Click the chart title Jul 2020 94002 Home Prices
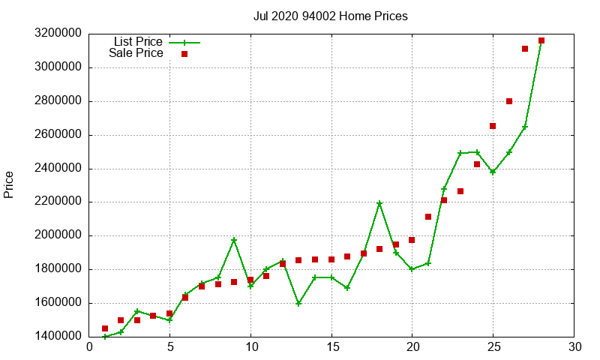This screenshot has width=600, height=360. pos(331,16)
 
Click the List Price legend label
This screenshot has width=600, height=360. pos(138,42)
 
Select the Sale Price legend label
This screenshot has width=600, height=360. pos(136,53)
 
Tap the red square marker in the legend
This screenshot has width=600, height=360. pos(184,54)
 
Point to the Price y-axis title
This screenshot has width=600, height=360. pos(9,184)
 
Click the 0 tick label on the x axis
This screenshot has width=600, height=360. pos(89,347)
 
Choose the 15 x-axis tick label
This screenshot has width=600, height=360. pos(331,347)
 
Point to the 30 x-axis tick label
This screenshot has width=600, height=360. pos(574,347)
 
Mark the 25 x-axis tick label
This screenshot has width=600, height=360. pos(493,347)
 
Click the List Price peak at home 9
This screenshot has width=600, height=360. pos(234,240)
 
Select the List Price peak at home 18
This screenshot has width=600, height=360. pos(379,203)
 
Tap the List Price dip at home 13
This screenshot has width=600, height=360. pos(298,304)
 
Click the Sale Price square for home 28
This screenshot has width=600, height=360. pos(541,40)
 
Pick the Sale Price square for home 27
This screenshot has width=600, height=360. pos(525,49)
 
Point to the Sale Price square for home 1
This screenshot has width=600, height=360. pos(105,328)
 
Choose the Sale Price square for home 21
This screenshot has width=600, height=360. pos(428,217)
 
